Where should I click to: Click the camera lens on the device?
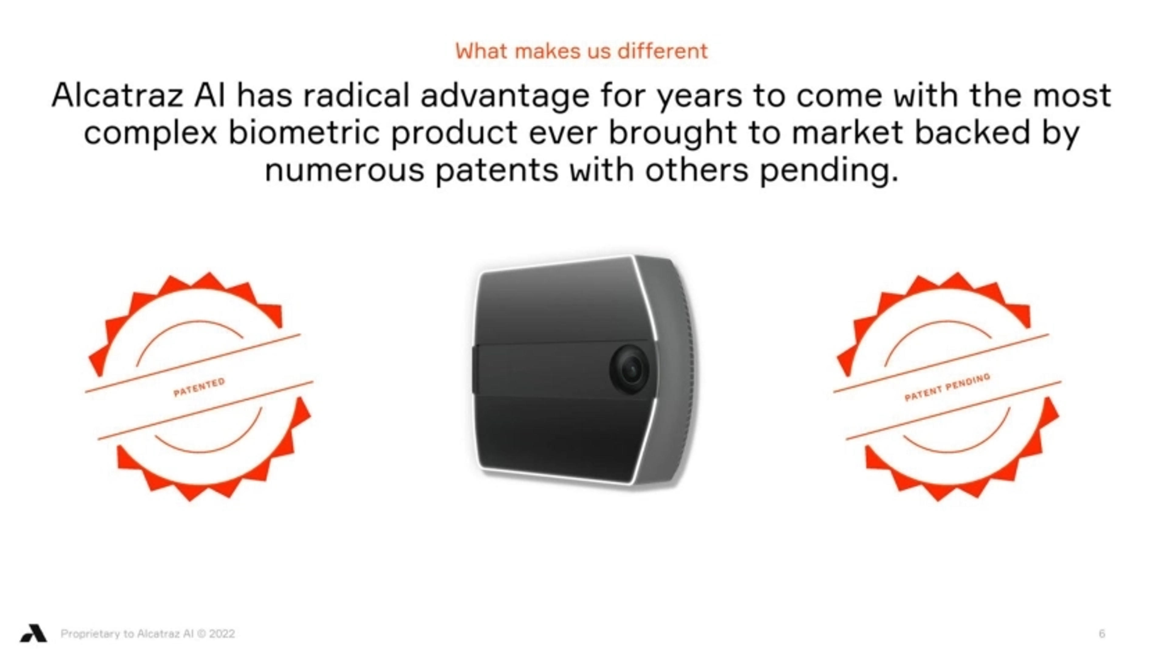[629, 369]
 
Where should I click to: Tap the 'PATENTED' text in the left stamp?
[199, 387]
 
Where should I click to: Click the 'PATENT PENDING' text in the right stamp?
[947, 387]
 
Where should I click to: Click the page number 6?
[1102, 633]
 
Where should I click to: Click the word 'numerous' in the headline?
[345, 171]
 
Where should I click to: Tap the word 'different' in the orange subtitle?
[663, 51]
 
